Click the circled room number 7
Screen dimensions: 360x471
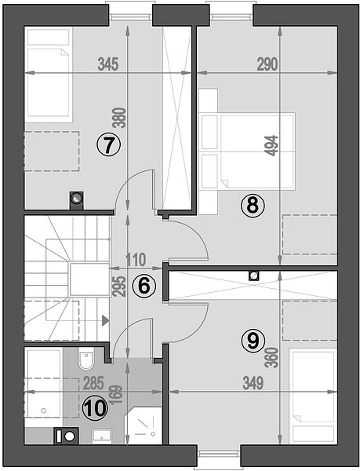[x=108, y=144]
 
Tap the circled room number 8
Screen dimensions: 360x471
[x=253, y=206]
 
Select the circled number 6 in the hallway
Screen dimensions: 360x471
[x=144, y=286]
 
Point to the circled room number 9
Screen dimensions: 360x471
[x=253, y=341]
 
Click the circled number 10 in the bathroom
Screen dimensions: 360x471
[x=95, y=408]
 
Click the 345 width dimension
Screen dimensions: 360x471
[x=108, y=64]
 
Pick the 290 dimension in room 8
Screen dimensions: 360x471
[x=267, y=64]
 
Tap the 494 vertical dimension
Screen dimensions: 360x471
[x=272, y=146]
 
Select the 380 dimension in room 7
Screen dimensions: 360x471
[x=121, y=118]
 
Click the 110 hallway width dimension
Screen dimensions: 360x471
[x=136, y=260]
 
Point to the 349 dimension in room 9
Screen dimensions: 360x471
[x=253, y=383]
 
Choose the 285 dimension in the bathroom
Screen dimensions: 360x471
[x=93, y=383]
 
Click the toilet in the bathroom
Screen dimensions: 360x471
[x=85, y=359]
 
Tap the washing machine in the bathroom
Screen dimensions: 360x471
[x=66, y=436]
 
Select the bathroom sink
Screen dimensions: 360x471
[x=102, y=435]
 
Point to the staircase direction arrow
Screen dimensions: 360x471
[x=105, y=320]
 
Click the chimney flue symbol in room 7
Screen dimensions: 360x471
[x=77, y=200]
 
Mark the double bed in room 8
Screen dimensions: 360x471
[x=247, y=152]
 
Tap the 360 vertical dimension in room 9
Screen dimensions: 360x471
[x=272, y=358]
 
